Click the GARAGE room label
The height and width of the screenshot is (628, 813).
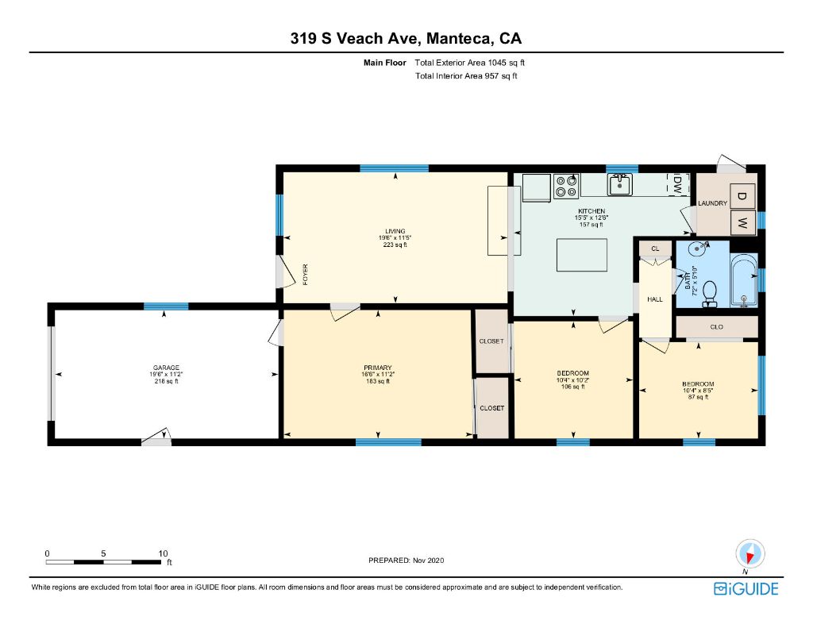pyautogui.click(x=166, y=368)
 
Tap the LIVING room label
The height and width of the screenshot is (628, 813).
pyautogui.click(x=395, y=231)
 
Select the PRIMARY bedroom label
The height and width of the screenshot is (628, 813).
pyautogui.click(x=377, y=368)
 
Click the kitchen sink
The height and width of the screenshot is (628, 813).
pyautogui.click(x=619, y=184)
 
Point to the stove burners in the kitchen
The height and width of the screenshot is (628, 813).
pyautogui.click(x=565, y=186)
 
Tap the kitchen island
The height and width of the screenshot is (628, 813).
pyautogui.click(x=582, y=255)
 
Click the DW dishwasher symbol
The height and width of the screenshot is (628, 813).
pyautogui.click(x=678, y=185)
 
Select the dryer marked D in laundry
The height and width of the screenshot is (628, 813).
pyautogui.click(x=742, y=196)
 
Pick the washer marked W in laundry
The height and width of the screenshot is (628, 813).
pyautogui.click(x=742, y=223)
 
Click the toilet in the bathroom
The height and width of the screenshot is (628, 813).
pyautogui.click(x=709, y=293)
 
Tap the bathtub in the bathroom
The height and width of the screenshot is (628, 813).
pyautogui.click(x=744, y=280)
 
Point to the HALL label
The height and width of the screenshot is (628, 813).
pyautogui.click(x=655, y=299)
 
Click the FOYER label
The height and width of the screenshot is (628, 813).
pyautogui.click(x=306, y=275)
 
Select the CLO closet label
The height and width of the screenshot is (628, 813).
pyautogui.click(x=717, y=327)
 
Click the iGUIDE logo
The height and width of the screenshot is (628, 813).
pyautogui.click(x=746, y=588)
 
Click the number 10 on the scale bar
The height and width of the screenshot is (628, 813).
pyautogui.click(x=163, y=553)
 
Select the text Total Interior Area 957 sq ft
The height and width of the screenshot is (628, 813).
pyautogui.click(x=466, y=75)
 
